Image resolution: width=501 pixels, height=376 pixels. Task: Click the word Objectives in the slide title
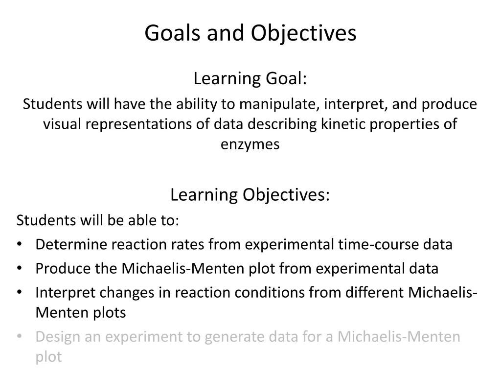(x=304, y=33)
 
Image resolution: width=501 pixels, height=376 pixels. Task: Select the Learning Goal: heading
(x=250, y=78)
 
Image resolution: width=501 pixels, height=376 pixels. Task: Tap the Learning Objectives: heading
(x=250, y=195)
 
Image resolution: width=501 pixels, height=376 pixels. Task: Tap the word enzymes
(x=250, y=144)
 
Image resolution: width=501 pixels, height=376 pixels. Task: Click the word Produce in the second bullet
(x=60, y=268)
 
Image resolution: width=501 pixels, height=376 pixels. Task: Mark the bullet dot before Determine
(x=19, y=244)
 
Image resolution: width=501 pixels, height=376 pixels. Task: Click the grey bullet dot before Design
(x=19, y=337)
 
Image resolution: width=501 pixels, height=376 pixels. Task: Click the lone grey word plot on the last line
(x=48, y=357)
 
